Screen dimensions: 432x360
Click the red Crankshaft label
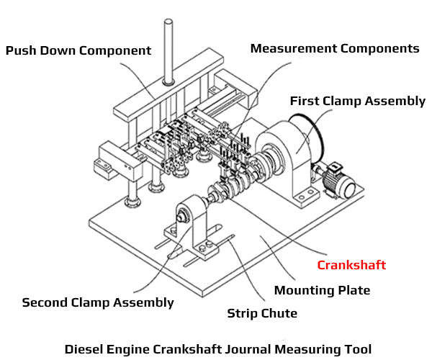click(x=351, y=265)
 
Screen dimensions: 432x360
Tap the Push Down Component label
click(x=78, y=50)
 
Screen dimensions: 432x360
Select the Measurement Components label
click(x=335, y=48)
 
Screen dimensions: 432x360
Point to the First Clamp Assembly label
click(x=358, y=101)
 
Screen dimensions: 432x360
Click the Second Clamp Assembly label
click(x=98, y=302)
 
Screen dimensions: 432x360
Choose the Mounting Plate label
click(x=322, y=291)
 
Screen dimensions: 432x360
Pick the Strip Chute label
click(x=262, y=313)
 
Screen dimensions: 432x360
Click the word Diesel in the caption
click(x=84, y=349)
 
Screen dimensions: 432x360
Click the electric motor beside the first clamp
click(x=338, y=181)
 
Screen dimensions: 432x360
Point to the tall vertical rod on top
click(x=168, y=52)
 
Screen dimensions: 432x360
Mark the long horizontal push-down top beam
click(x=168, y=85)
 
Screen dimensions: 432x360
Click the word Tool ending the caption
click(x=358, y=349)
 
